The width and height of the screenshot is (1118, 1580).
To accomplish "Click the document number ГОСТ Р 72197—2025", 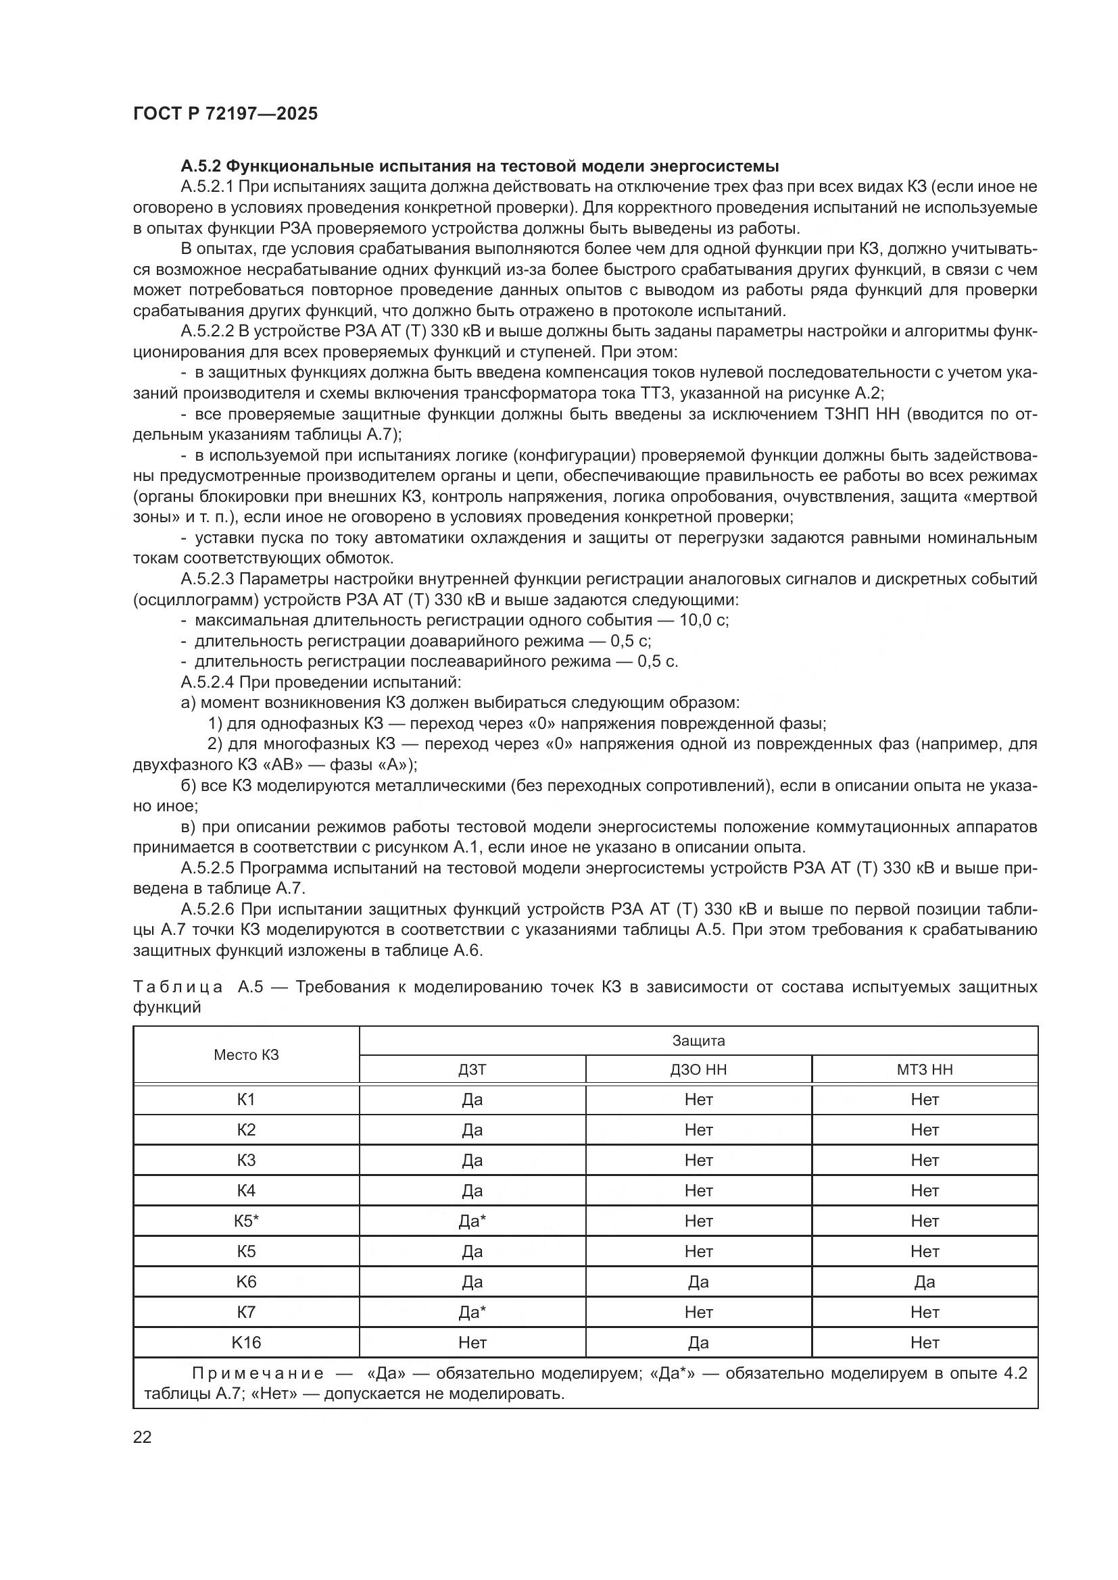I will (x=225, y=114).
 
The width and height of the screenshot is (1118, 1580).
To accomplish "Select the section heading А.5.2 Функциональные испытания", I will (x=480, y=166).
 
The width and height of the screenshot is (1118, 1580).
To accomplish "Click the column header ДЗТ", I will (x=472, y=1069).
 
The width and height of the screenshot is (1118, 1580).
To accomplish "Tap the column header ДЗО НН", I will (x=698, y=1069).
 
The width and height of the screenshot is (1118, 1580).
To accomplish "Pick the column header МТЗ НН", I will (x=925, y=1069).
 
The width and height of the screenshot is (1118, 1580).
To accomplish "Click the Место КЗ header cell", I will (x=246, y=1055).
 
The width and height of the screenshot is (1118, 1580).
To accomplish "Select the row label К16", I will (x=246, y=1343).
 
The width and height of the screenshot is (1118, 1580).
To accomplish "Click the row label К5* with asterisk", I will (x=246, y=1221).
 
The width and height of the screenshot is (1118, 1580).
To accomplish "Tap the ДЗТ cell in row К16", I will (x=472, y=1343).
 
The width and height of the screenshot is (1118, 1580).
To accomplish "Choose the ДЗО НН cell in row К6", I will (x=698, y=1282).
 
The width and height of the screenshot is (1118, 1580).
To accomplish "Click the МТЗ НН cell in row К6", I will (x=925, y=1282).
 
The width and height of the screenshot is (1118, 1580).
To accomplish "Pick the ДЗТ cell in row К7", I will (x=472, y=1313).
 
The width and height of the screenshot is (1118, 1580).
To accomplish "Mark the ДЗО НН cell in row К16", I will (x=698, y=1343).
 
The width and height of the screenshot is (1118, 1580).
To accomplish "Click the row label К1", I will (x=246, y=1100).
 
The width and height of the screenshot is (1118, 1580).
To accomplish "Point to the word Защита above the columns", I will (x=698, y=1040).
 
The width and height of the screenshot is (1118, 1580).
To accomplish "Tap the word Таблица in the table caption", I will (x=178, y=987).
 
